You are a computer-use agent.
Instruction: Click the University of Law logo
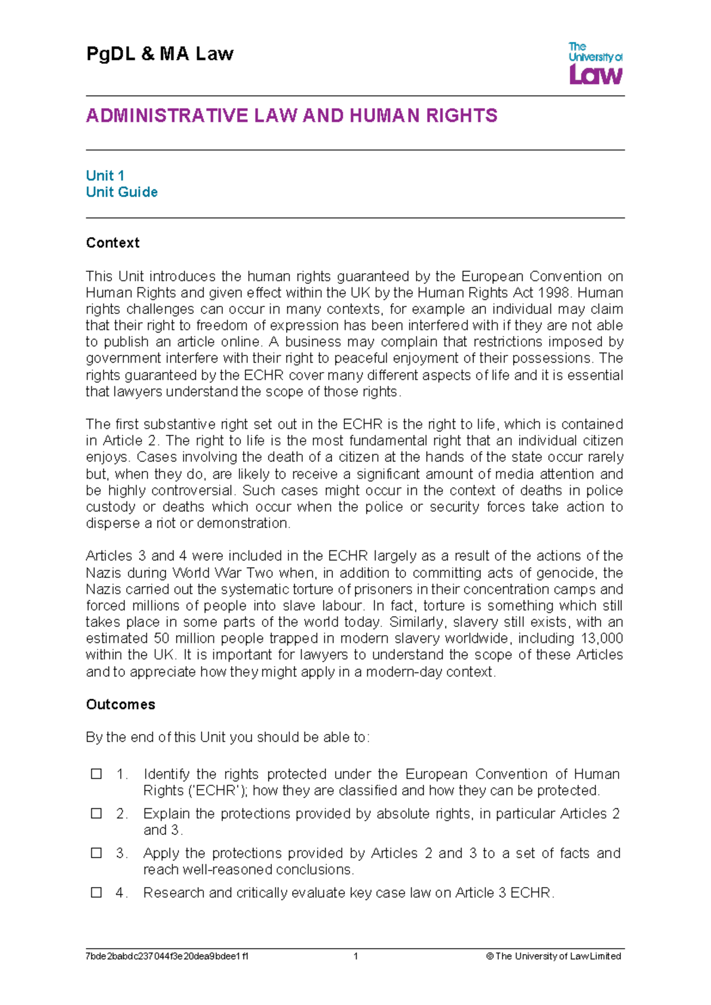pos(595,63)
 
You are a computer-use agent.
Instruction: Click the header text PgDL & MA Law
pos(160,54)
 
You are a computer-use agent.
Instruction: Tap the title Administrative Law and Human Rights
pos(292,116)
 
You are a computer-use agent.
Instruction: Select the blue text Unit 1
pos(105,175)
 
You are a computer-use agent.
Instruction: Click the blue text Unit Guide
pos(121,192)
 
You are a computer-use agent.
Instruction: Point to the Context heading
pos(113,243)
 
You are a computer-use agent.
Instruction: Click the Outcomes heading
pos(120,705)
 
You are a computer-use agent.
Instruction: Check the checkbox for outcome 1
pos(96,774)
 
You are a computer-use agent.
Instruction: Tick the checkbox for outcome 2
pos(96,814)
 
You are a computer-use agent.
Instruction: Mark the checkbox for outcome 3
pos(96,853)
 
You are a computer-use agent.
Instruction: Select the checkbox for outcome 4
pos(96,892)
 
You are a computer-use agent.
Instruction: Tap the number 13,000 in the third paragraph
pos(601,639)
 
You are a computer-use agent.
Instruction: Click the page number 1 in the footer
pos(355,956)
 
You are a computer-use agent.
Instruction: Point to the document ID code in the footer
pos(167,956)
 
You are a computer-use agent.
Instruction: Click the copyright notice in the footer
pos(553,956)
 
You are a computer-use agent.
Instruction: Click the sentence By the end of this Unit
pos(228,738)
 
